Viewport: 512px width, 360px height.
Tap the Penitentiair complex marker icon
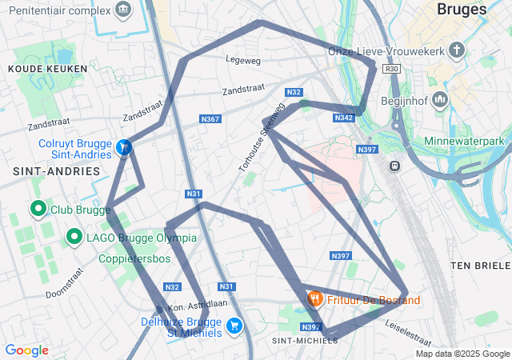click(x=122, y=10)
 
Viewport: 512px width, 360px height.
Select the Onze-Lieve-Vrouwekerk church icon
click(x=457, y=51)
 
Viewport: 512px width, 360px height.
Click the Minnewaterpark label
click(x=469, y=141)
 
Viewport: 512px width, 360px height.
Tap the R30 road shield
click(x=391, y=69)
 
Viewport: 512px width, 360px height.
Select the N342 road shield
click(x=343, y=118)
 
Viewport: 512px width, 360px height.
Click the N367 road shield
click(x=210, y=119)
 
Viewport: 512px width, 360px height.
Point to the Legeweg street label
click(x=243, y=59)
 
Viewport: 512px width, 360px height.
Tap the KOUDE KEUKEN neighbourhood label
click(x=36, y=70)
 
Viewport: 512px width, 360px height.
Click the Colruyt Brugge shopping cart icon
click(x=123, y=148)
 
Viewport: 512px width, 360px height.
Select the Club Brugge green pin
click(x=38, y=210)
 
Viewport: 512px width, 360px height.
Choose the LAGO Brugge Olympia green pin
click(x=74, y=237)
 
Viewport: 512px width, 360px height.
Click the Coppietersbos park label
click(x=136, y=259)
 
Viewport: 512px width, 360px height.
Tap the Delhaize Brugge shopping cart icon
click(x=234, y=326)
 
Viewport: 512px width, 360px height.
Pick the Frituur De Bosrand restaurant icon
click(x=314, y=299)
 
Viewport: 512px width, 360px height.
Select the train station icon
click(x=394, y=166)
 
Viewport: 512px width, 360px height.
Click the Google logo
click(x=26, y=350)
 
